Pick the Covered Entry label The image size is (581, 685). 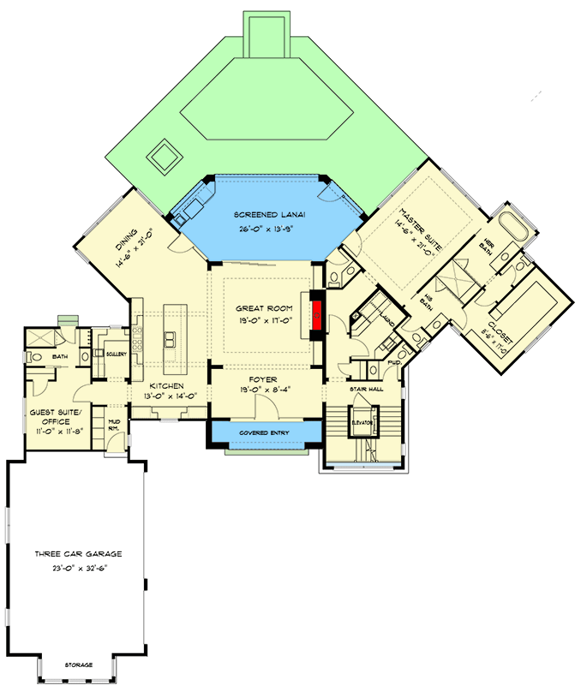[263, 432]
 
